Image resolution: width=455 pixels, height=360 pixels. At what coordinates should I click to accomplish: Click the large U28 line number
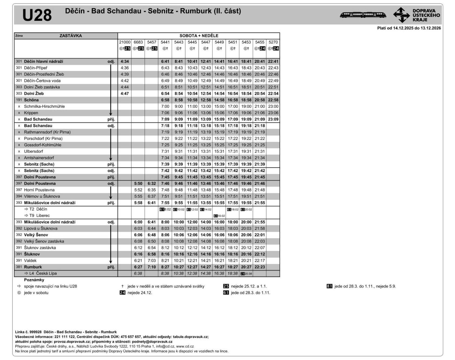point(37,15)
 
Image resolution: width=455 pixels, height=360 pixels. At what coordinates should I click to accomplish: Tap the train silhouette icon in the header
point(363,15)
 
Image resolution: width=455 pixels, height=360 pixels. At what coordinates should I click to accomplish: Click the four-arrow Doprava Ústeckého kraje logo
point(401,15)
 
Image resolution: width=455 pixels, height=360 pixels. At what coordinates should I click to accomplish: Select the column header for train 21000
point(125,42)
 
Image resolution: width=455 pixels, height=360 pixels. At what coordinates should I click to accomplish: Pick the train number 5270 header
point(273,42)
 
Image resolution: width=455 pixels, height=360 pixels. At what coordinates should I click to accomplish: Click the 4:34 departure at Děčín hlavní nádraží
point(125,62)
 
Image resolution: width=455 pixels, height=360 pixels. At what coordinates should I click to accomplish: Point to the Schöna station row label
point(31,100)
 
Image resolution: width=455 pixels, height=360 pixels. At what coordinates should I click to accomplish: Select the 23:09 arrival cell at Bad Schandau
point(273,119)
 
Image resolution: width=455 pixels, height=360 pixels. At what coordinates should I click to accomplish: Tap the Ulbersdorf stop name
point(34,152)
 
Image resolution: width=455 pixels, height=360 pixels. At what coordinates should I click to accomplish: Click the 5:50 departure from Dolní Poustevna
point(138,184)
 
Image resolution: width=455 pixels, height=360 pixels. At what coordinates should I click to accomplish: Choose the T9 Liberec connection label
point(39,216)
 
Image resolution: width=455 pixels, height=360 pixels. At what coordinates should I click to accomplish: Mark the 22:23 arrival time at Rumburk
point(260,267)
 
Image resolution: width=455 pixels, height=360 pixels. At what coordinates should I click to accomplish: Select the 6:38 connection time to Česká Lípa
point(138,273)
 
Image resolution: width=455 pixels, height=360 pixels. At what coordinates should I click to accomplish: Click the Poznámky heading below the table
point(34,280)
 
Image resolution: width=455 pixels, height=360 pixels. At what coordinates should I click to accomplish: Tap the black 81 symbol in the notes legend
point(329,286)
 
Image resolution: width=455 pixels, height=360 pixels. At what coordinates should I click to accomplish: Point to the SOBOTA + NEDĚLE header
point(199,36)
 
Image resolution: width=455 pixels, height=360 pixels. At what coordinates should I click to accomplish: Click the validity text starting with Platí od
point(409,28)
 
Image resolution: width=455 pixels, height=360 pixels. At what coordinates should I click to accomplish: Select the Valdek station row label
point(30,261)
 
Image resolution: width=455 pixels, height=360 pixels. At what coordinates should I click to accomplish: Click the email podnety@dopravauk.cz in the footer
point(152,342)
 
